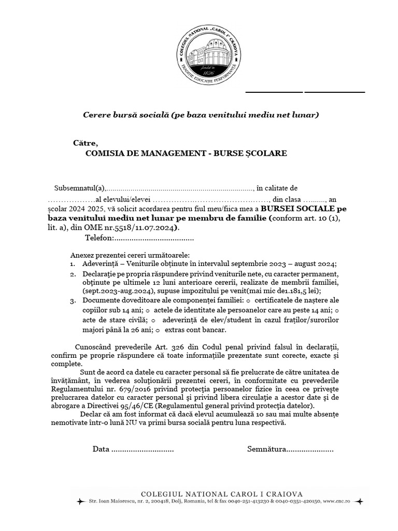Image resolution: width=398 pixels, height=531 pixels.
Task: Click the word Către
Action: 86,143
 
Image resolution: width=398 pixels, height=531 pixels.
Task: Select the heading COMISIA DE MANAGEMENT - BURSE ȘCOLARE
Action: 186,153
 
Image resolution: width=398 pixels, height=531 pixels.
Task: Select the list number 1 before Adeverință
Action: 73,263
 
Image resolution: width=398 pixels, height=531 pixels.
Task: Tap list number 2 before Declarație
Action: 73,273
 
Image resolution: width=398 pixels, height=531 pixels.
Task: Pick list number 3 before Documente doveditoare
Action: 73,301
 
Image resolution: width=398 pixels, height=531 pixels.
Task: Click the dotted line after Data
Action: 143,449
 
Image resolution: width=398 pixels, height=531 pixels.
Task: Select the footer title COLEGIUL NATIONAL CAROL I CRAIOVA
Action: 222,494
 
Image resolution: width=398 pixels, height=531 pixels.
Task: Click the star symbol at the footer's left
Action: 80,502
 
